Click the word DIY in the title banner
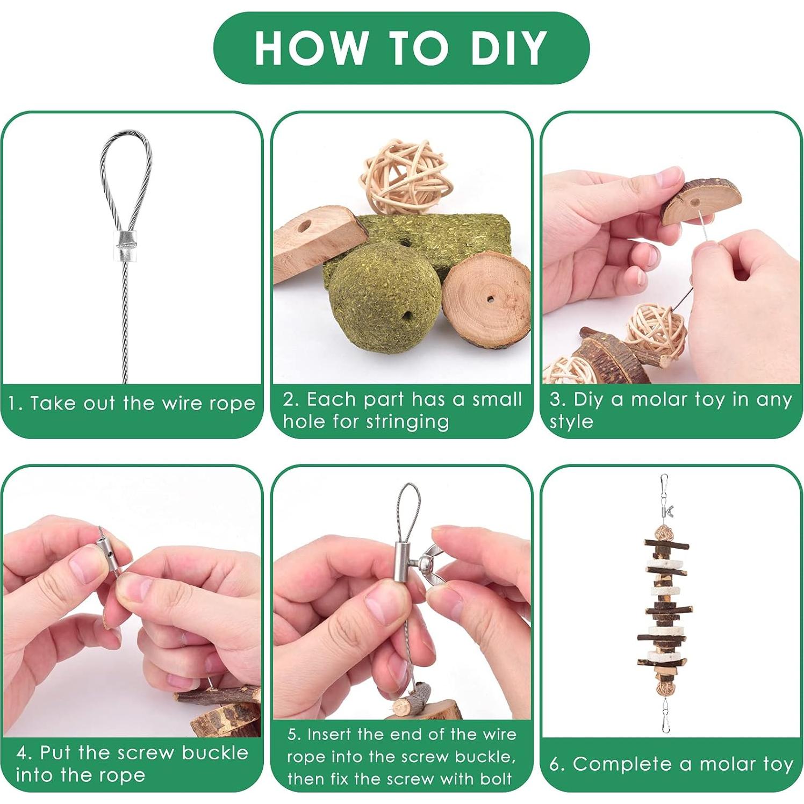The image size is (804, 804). tap(508, 48)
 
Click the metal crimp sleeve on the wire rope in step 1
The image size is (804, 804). tap(126, 246)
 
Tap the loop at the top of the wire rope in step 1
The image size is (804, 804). tap(125, 177)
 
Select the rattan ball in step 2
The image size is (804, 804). tap(406, 177)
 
